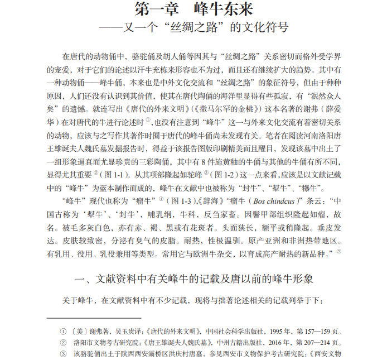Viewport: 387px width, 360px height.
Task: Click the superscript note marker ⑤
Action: coord(338,251)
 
